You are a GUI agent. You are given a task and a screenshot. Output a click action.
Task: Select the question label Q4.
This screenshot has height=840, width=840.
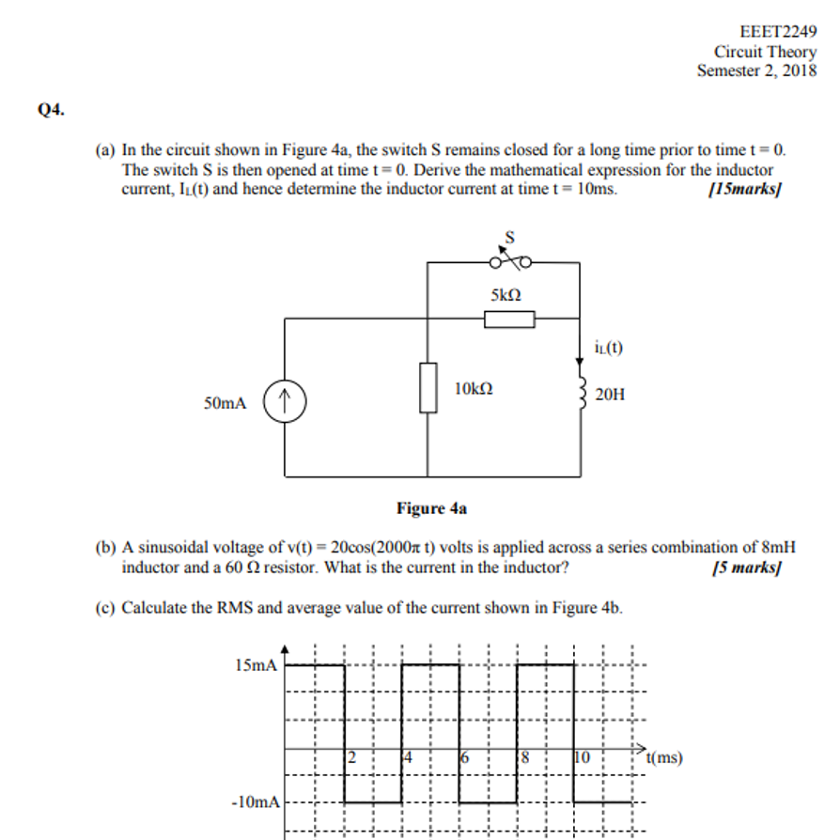pos(52,110)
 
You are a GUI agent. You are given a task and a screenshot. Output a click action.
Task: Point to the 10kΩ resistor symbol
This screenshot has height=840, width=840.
pos(428,387)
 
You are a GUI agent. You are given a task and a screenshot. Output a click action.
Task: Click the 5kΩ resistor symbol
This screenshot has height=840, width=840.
pos(509,319)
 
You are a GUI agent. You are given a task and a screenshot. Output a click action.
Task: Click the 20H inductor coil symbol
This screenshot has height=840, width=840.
pos(582,394)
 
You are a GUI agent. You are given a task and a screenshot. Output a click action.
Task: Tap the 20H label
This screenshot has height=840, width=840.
pos(610,395)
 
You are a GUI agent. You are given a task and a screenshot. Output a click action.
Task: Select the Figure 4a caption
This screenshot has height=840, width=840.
pos(431,508)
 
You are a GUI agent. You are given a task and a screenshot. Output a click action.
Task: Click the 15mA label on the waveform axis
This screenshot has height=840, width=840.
pos(257,666)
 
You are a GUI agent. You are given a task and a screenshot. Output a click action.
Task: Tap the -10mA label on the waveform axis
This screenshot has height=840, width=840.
pos(255,802)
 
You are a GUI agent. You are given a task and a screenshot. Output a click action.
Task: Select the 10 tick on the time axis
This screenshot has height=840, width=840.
pos(582,757)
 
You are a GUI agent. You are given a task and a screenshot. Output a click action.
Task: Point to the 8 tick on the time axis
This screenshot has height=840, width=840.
pos(525,757)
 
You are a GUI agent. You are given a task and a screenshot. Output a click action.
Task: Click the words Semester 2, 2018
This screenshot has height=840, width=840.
pos(756,70)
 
